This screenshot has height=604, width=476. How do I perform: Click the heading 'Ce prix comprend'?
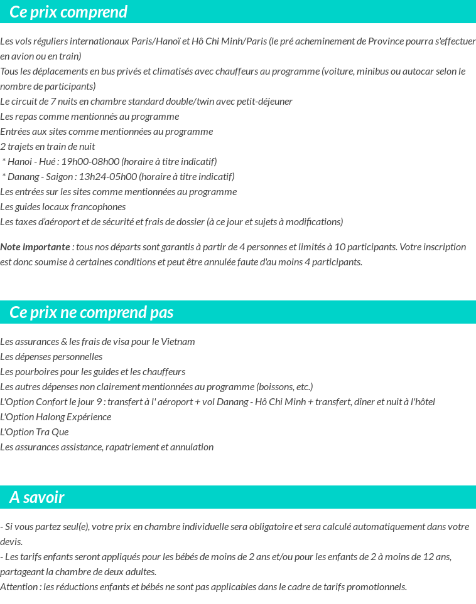click(x=68, y=12)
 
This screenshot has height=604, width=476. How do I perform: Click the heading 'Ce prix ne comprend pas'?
click(x=92, y=312)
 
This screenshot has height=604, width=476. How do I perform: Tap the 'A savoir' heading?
click(x=37, y=497)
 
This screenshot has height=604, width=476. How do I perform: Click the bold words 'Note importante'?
click(x=35, y=246)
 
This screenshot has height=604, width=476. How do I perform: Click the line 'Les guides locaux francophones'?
click(x=63, y=207)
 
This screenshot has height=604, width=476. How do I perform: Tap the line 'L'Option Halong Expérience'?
click(x=56, y=417)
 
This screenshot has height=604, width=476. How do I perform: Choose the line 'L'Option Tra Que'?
click(x=35, y=432)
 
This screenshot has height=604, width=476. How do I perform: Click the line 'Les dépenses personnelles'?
click(x=51, y=357)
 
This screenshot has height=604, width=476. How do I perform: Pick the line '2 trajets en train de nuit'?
click(x=48, y=147)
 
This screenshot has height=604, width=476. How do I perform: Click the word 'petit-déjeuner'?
click(x=264, y=102)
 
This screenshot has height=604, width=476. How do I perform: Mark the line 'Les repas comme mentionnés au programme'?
click(x=90, y=117)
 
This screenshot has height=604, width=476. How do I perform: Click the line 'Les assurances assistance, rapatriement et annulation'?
click(x=107, y=447)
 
